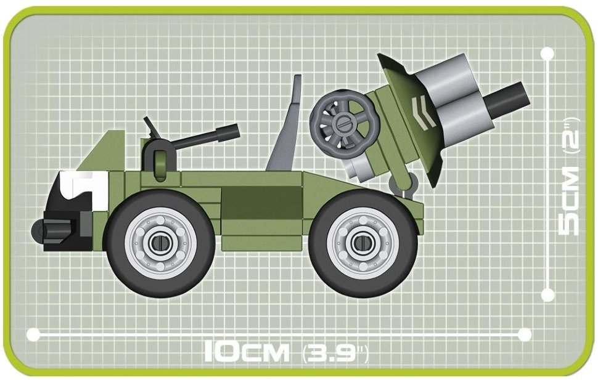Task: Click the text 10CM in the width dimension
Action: [247, 352]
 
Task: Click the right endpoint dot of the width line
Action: [525, 334]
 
